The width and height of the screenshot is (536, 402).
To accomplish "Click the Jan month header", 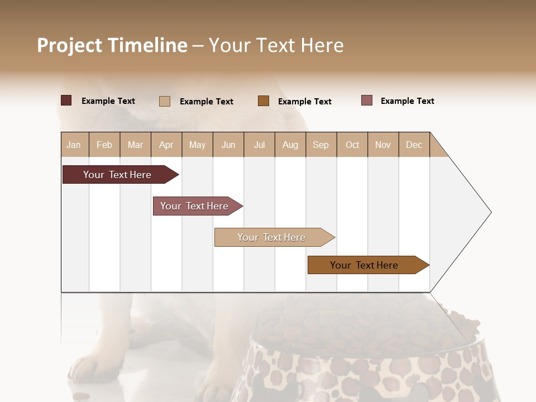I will (x=74, y=145).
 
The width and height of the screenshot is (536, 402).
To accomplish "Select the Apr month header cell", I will (x=166, y=145).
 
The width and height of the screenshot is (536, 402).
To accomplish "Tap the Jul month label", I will (x=259, y=145).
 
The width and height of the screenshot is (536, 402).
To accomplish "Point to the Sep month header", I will (x=320, y=145).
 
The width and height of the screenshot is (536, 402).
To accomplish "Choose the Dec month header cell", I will (x=414, y=145).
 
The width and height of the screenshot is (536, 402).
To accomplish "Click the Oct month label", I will (x=352, y=145).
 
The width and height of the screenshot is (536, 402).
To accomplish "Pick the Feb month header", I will (x=104, y=145).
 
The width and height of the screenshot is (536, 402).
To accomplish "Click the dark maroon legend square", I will (x=66, y=100).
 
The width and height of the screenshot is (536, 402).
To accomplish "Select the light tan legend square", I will (x=164, y=101).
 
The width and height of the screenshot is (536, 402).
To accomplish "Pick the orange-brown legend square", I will (x=264, y=101).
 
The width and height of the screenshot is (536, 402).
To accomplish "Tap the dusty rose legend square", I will (x=366, y=100).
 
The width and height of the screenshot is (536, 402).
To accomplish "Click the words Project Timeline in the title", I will (x=112, y=45).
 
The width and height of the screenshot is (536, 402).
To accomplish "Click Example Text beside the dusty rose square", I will (x=407, y=101).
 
